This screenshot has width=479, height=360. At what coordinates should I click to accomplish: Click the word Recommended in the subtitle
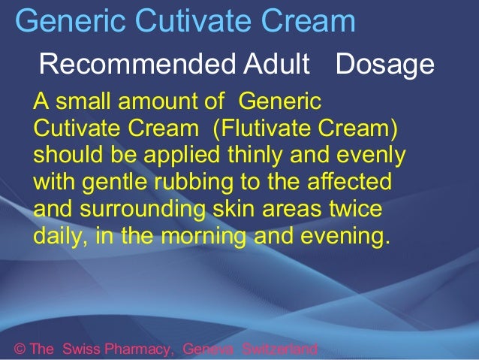(137, 64)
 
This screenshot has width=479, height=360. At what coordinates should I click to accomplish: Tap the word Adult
(276, 64)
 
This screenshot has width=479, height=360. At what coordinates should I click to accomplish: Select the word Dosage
(385, 65)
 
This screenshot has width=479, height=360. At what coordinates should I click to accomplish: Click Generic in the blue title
(71, 20)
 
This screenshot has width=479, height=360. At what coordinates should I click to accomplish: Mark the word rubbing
(194, 183)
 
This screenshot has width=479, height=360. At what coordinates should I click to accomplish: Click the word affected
(349, 181)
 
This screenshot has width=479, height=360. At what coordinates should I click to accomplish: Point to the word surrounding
(143, 210)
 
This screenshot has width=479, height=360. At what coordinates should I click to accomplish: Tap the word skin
(233, 208)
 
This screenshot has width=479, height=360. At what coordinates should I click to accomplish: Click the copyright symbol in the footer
(20, 349)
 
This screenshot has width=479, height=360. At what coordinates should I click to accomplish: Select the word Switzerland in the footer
(280, 349)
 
